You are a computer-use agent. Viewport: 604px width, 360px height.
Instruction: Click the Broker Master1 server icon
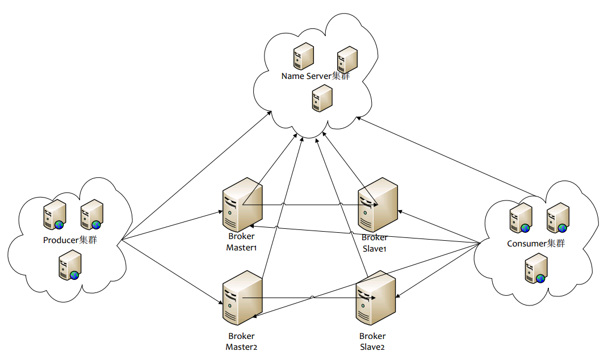(242, 204)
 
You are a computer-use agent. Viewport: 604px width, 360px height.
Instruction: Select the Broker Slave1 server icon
(378, 204)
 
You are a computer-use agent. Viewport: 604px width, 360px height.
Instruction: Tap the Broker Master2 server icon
(242, 298)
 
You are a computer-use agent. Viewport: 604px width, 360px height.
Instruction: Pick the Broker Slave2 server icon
(376, 298)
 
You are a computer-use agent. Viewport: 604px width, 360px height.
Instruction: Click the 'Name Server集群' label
(316, 76)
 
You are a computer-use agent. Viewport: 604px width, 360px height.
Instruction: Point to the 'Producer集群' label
(70, 240)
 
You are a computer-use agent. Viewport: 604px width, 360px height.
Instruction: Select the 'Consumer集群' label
(536, 244)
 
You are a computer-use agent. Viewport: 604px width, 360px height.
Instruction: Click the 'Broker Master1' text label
(241, 242)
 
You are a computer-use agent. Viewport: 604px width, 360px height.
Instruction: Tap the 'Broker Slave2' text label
(372, 341)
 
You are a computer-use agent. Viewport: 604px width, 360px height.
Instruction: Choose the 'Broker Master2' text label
(241, 341)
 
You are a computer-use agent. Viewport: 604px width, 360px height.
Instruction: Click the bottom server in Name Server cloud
(322, 98)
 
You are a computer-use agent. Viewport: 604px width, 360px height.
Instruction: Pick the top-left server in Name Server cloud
(304, 56)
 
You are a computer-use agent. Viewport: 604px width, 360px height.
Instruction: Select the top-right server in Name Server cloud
(347, 60)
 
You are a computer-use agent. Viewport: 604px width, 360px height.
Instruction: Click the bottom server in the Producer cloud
(70, 265)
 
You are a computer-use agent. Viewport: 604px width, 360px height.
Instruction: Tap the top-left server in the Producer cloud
(54, 214)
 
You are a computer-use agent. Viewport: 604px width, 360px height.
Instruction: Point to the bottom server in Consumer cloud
(536, 268)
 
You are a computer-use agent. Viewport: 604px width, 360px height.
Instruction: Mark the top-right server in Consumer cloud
(558, 218)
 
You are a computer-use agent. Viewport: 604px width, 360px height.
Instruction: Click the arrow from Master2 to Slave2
(309, 298)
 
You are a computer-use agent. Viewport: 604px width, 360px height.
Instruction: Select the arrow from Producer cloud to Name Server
(196, 176)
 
